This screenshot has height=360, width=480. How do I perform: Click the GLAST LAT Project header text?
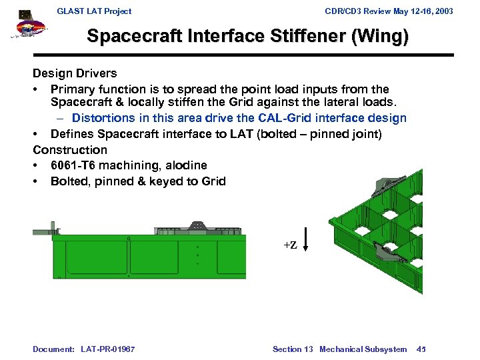click(94, 11)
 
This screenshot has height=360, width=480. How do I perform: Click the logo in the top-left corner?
click(27, 27)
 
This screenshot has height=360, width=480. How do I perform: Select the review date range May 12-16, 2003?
click(417, 11)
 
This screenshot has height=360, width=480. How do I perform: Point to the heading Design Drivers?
click(75, 73)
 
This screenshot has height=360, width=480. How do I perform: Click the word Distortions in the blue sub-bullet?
click(103, 118)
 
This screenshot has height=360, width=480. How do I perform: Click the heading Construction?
click(70, 150)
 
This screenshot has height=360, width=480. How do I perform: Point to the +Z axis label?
click(290, 245)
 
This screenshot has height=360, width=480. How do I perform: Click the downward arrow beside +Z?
click(305, 239)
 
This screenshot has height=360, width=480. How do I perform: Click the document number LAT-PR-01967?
click(108, 349)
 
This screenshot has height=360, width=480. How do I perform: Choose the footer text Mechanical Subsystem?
click(363, 349)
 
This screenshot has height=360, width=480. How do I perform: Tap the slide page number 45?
click(421, 349)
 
